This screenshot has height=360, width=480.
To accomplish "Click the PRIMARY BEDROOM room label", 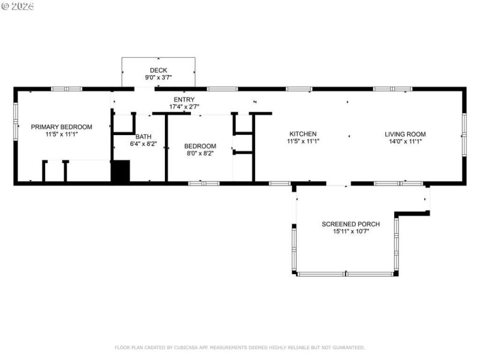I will click(62, 127).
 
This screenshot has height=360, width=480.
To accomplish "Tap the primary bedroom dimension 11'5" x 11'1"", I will click(62, 134).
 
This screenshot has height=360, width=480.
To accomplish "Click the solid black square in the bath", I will click(121, 171).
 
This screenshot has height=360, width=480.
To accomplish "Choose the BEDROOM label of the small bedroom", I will click(200, 146).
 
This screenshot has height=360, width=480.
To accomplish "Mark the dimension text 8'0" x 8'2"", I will click(200, 154).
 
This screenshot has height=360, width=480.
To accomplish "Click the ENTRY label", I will click(184, 100).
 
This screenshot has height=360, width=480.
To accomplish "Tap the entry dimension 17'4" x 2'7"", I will click(184, 107).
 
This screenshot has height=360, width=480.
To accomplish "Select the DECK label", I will click(158, 70).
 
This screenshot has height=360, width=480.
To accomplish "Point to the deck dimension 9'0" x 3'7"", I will click(158, 77).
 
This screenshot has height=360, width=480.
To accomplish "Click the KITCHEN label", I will click(303, 134).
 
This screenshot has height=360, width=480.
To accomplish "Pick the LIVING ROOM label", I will click(405, 134).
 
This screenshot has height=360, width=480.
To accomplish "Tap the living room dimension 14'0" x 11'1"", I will click(405, 142).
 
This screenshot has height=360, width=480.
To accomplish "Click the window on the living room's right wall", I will click(464, 134).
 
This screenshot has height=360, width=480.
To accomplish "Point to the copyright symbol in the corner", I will click(5, 6).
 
